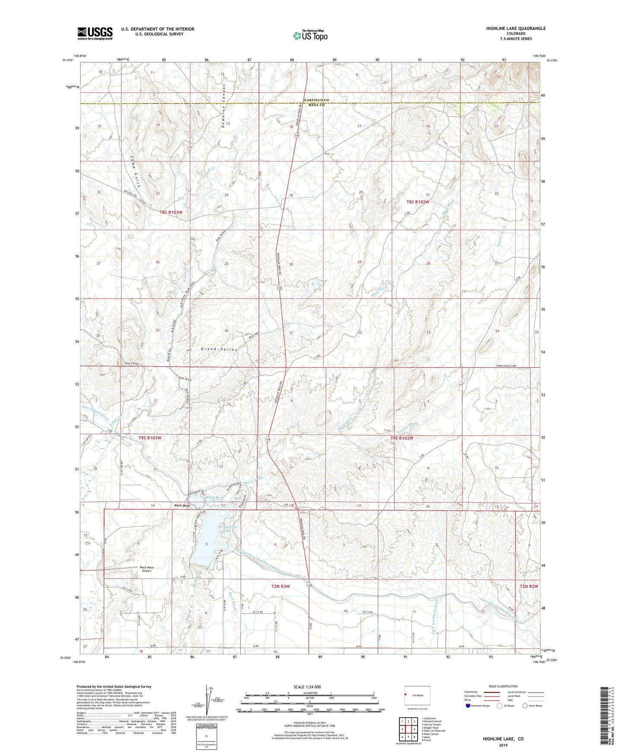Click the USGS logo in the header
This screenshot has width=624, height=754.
tap(95, 33)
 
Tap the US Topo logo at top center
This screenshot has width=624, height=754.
tap(310, 35)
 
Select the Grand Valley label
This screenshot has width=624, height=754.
tap(219, 349)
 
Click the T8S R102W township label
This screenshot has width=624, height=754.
tap(418, 202)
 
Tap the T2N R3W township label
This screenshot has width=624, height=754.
tap(280, 586)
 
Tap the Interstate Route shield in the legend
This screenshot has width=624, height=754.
tap(468, 706)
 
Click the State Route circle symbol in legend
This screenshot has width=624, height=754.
tap(525, 706)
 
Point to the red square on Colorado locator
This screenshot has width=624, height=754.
tap(405, 695)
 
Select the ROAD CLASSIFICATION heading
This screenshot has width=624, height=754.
tap(503, 686)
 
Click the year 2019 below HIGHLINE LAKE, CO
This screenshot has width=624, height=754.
tap(503, 745)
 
